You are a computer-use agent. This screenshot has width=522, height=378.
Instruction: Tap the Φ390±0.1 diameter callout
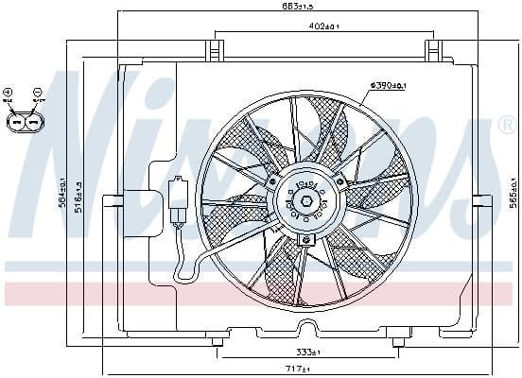[x=388, y=86]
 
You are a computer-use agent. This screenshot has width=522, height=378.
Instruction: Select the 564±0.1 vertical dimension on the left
[x=63, y=196]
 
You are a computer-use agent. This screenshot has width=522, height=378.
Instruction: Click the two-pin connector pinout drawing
[x=23, y=122]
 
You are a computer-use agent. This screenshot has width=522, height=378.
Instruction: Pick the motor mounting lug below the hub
[x=304, y=240]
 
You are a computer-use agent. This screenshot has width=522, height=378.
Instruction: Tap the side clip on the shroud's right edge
[x=479, y=200]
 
